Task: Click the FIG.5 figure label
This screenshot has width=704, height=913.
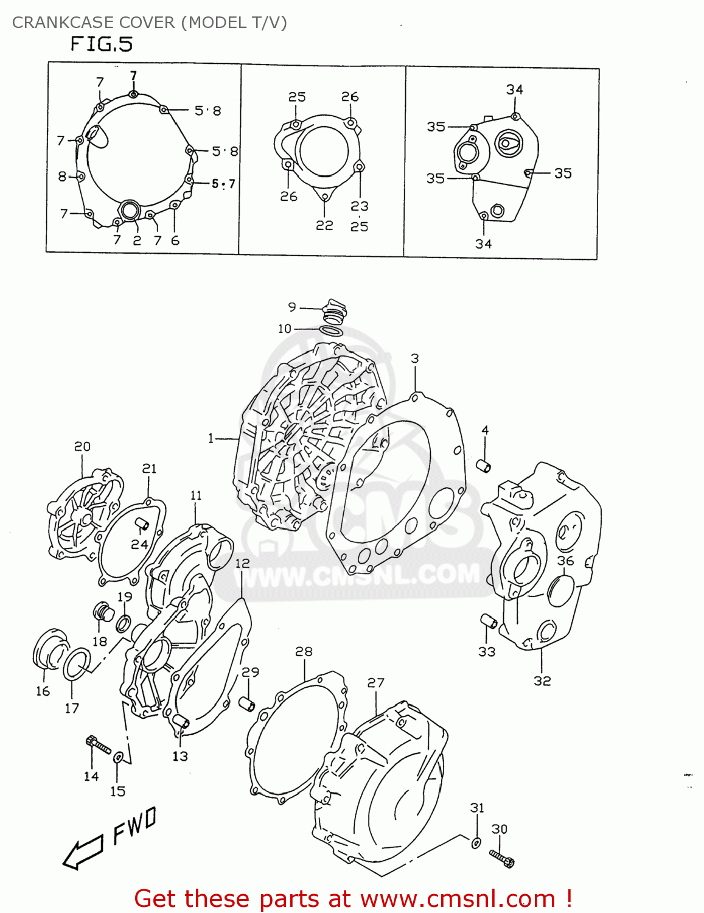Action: pos(101,44)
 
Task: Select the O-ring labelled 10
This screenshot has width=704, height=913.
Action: pos(331,330)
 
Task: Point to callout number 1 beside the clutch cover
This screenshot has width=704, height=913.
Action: pos(211,438)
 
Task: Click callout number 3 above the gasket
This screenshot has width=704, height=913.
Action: pos(414,359)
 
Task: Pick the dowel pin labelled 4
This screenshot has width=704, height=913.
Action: pos(484,467)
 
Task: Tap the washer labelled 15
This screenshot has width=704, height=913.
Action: pos(119,757)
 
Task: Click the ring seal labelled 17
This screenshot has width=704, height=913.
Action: pos(77,663)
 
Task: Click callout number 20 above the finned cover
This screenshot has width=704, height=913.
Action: pos(82,447)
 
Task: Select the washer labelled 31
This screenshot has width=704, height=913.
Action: pos(476,842)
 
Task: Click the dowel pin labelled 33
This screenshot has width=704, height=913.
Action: pos(489,622)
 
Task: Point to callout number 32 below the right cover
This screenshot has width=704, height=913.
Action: pos(542,680)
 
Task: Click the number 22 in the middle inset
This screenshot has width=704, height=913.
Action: pos(324,225)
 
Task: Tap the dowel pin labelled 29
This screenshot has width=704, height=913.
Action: pos(246,704)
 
